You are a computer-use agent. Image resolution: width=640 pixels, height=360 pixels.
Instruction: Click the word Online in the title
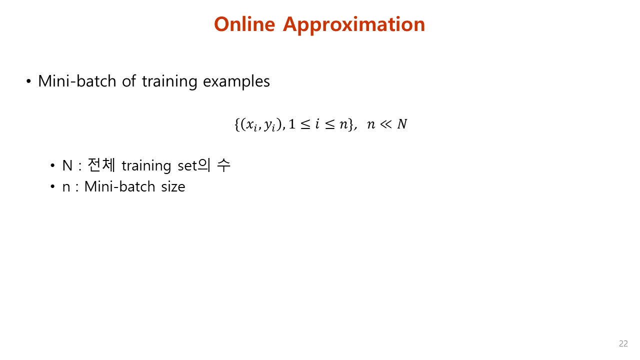244,24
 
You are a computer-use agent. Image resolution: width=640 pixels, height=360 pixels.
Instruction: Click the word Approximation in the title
354,25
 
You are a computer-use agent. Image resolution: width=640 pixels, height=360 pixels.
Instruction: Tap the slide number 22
623,343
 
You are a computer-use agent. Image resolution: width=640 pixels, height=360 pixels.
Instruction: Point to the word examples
236,81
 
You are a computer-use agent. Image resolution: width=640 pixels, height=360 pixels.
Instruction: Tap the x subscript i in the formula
251,125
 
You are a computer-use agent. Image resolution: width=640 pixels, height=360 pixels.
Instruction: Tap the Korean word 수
223,165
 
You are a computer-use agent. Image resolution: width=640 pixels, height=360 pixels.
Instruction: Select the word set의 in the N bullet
195,165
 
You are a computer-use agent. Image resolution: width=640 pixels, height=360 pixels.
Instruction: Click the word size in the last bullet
173,187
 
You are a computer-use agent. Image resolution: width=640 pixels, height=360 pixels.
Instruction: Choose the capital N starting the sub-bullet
67,165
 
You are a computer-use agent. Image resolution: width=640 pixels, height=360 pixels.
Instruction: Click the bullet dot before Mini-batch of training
29,81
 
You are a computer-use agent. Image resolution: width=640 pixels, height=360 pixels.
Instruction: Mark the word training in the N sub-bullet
146,166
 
